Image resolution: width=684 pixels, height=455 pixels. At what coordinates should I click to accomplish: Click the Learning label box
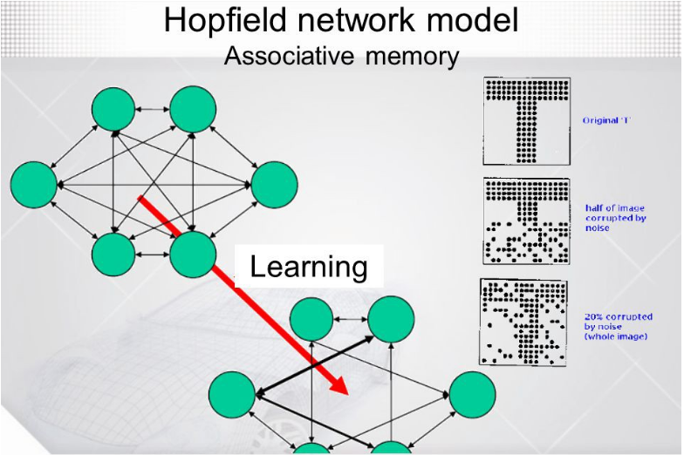click(310, 266)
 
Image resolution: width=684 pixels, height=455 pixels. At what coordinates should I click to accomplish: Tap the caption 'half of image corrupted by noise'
click(616, 217)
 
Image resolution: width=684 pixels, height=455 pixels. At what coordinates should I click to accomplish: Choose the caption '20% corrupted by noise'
click(618, 326)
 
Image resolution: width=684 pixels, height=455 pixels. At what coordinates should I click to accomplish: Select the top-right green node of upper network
click(193, 110)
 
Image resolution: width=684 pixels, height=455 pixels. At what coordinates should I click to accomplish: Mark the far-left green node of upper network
click(34, 184)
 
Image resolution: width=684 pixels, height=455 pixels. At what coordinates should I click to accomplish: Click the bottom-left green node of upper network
click(113, 255)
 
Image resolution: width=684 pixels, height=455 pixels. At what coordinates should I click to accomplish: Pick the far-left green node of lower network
click(231, 393)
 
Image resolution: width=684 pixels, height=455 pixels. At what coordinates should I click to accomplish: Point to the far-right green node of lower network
click(472, 393)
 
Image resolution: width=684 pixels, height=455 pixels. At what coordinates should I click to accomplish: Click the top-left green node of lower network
click(311, 320)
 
